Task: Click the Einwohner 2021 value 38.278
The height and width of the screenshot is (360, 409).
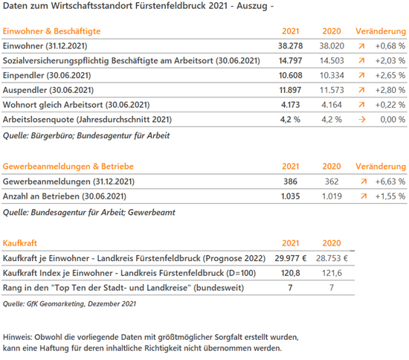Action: point(290,46)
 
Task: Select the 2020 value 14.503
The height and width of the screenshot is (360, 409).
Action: point(332,61)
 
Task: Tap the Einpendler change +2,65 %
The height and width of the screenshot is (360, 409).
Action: point(390,75)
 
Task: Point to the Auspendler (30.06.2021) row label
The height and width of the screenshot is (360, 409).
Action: point(48,90)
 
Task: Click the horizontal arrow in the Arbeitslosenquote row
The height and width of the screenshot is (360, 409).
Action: point(362,120)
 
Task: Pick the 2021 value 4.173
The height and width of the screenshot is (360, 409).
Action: point(290,105)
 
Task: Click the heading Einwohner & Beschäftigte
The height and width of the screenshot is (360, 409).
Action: point(51,31)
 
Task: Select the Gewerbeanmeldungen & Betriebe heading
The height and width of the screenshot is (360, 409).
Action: point(68,167)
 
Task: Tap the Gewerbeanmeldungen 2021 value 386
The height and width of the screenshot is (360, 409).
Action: point(290,181)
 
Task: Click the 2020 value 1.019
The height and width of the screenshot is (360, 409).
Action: point(332,196)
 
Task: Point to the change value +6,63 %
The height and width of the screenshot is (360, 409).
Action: point(390,181)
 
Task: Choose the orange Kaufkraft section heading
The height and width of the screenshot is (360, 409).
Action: point(20,243)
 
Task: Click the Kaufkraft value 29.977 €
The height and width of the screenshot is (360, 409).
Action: point(291,258)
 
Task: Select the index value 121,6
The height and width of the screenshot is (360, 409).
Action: point(332,273)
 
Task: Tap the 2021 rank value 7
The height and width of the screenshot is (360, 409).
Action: point(290,288)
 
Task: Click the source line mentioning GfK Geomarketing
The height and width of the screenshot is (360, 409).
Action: point(69,304)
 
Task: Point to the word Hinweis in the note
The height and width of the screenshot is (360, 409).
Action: point(18,337)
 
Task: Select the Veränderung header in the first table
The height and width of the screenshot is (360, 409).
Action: point(381,31)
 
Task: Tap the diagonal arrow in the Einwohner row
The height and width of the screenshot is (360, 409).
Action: point(361,46)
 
